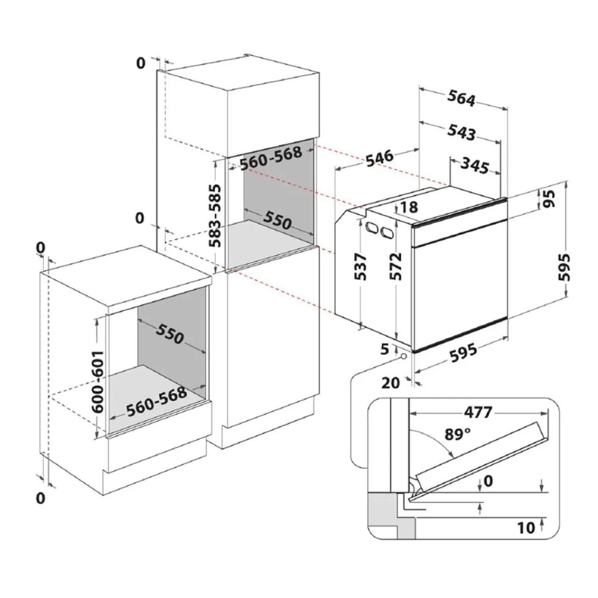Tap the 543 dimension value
(x=461, y=132)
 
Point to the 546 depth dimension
(x=379, y=158)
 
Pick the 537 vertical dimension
(x=361, y=266)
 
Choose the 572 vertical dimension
(x=396, y=266)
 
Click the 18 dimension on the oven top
(x=409, y=207)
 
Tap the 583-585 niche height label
(x=215, y=216)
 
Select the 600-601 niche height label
(x=98, y=382)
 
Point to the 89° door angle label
(x=457, y=434)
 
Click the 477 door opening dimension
(x=478, y=413)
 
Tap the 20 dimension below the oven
(x=391, y=383)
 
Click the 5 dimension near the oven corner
(x=384, y=349)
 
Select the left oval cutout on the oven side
(x=371, y=228)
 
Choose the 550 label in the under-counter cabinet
(x=170, y=334)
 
